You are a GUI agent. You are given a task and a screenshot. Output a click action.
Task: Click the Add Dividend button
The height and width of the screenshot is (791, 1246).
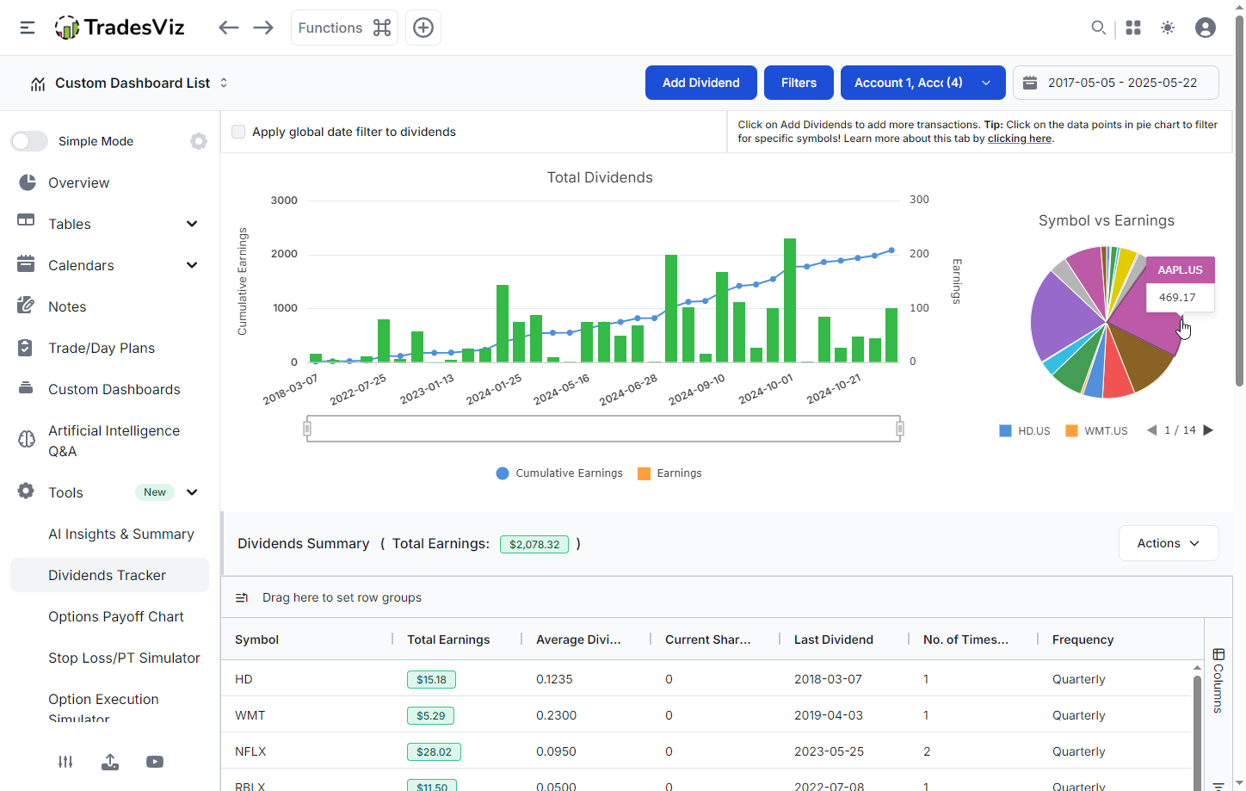pyautogui.click(x=700, y=83)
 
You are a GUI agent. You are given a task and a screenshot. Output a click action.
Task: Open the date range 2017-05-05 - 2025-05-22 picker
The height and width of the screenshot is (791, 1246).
pyautogui.click(x=1115, y=83)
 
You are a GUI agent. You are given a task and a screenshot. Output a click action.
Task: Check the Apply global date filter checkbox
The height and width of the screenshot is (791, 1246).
pyautogui.click(x=238, y=132)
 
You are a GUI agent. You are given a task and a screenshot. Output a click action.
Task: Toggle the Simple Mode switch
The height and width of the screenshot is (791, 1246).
pyautogui.click(x=29, y=141)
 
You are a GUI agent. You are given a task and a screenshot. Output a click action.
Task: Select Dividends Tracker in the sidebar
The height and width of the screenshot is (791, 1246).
pyautogui.click(x=108, y=575)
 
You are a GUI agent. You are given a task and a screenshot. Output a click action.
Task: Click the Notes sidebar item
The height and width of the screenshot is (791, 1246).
pyautogui.click(x=67, y=306)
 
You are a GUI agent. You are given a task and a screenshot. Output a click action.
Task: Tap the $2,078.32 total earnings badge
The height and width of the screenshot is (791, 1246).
pyautogui.click(x=534, y=544)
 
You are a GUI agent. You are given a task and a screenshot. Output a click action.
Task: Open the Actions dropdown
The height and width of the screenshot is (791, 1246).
pyautogui.click(x=1168, y=543)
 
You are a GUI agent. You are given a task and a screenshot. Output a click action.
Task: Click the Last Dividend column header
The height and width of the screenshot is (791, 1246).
pyautogui.click(x=833, y=640)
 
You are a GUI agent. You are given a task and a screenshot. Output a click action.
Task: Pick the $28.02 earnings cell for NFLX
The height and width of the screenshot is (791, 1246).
pyautogui.click(x=434, y=751)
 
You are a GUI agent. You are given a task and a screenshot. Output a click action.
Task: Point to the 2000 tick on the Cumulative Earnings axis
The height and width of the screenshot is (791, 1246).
pyautogui.click(x=284, y=254)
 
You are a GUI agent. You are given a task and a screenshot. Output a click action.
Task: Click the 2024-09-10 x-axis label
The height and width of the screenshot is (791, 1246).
pyautogui.click(x=697, y=390)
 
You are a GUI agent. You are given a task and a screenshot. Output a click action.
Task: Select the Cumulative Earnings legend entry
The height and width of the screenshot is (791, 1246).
pyautogui.click(x=559, y=473)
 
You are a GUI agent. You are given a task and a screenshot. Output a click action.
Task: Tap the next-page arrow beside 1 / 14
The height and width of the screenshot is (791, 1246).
pyautogui.click(x=1208, y=430)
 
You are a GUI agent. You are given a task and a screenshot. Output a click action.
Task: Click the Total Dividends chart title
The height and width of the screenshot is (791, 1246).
pyautogui.click(x=600, y=177)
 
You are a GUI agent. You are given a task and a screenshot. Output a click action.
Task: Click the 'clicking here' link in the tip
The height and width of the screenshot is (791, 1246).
pyautogui.click(x=1019, y=139)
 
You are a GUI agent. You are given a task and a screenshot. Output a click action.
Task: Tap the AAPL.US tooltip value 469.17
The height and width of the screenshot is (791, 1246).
pyautogui.click(x=1176, y=298)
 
